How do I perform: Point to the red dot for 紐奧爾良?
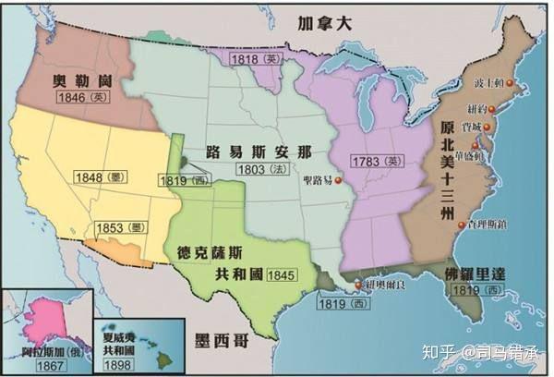(357, 286)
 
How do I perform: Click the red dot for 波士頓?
(510, 87)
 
